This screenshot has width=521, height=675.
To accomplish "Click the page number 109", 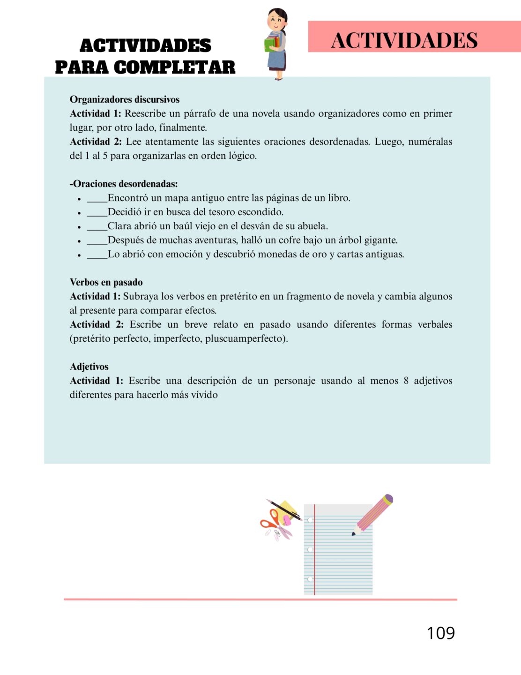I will (x=440, y=633).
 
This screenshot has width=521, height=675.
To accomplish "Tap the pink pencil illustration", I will (x=373, y=514).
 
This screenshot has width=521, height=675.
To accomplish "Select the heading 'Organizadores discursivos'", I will (x=125, y=99).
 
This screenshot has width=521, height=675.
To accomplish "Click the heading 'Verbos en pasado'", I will (x=106, y=282).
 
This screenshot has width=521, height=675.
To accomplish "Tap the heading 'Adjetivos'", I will (x=89, y=367).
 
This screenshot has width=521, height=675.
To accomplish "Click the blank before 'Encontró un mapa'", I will (x=97, y=199).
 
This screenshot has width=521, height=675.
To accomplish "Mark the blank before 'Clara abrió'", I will (x=97, y=227).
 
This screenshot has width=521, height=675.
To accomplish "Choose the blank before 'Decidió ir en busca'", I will (x=97, y=213).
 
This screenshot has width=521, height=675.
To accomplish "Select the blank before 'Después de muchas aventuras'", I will (x=97, y=241).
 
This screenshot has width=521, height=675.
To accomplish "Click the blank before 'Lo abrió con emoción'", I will (x=97, y=255).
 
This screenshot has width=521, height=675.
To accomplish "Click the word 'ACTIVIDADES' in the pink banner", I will (x=404, y=40).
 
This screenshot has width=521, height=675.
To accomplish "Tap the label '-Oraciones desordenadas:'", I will (x=124, y=184).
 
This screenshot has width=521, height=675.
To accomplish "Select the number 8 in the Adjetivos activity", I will (x=406, y=381).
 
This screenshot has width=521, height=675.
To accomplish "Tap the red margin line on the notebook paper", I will (x=314, y=548).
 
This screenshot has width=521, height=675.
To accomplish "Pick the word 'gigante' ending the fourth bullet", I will (x=380, y=240).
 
